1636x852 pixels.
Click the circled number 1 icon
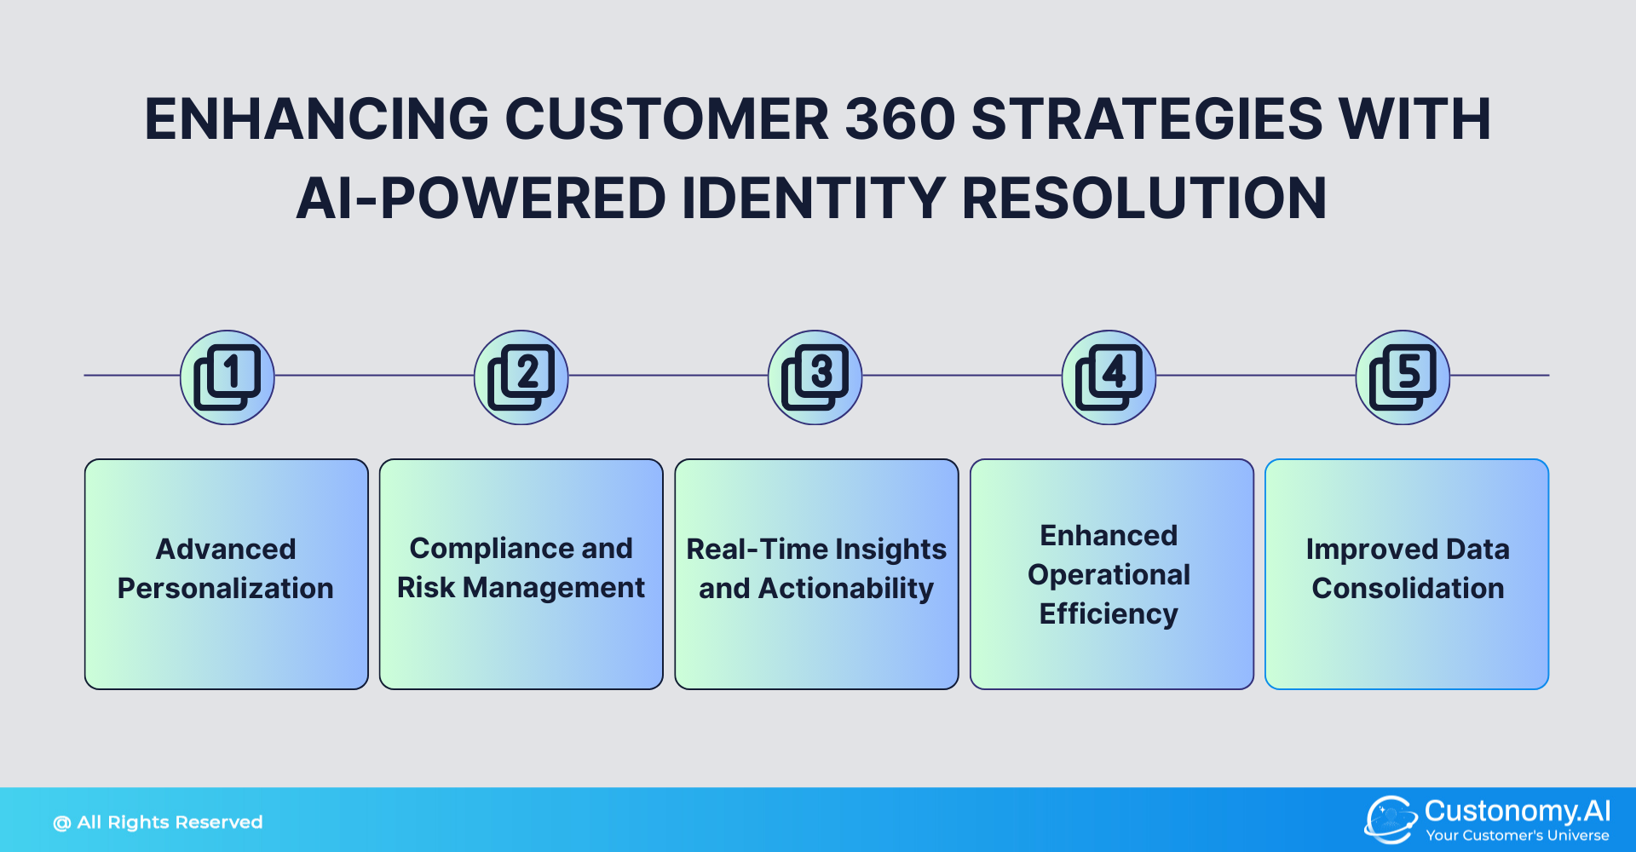pyautogui.click(x=228, y=377)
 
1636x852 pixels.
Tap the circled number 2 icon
pyautogui.click(x=521, y=377)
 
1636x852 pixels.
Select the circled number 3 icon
pyautogui.click(x=815, y=377)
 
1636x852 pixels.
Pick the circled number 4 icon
pyautogui.click(x=1109, y=377)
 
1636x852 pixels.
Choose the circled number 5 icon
pyautogui.click(x=1403, y=377)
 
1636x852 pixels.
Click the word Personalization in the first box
pyautogui.click(x=226, y=589)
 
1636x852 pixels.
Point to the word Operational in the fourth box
pyautogui.click(x=1109, y=575)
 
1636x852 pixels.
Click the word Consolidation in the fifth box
pyautogui.click(x=1408, y=589)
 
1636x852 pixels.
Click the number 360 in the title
pyautogui.click(x=900, y=118)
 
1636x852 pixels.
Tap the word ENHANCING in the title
pyautogui.click(x=316, y=118)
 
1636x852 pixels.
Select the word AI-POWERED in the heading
pyautogui.click(x=481, y=199)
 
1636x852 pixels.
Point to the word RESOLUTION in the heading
pyautogui.click(x=1144, y=199)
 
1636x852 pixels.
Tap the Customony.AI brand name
pyautogui.click(x=1518, y=810)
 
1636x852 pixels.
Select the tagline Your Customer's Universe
pyautogui.click(x=1518, y=836)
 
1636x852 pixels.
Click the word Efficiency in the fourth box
pyautogui.click(x=1109, y=614)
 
